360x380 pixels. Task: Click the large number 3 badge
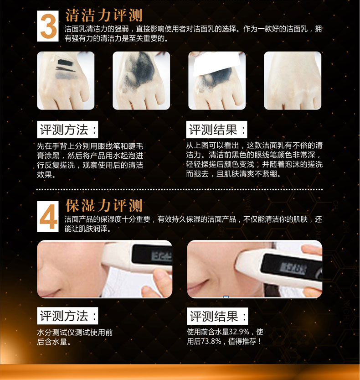(48, 26)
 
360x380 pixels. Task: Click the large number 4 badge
(48, 216)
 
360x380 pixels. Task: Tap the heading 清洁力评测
(104, 16)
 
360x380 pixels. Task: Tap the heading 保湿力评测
(104, 206)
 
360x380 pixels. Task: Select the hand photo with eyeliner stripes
(66, 80)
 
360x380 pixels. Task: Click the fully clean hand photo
(293, 80)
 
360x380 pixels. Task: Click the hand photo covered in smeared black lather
(141, 80)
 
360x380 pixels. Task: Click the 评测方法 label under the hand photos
(67, 130)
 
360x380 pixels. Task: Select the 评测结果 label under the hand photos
(216, 130)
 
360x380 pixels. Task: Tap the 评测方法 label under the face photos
(67, 316)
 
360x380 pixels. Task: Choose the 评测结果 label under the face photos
(217, 316)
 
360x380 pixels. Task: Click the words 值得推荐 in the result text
(242, 342)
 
